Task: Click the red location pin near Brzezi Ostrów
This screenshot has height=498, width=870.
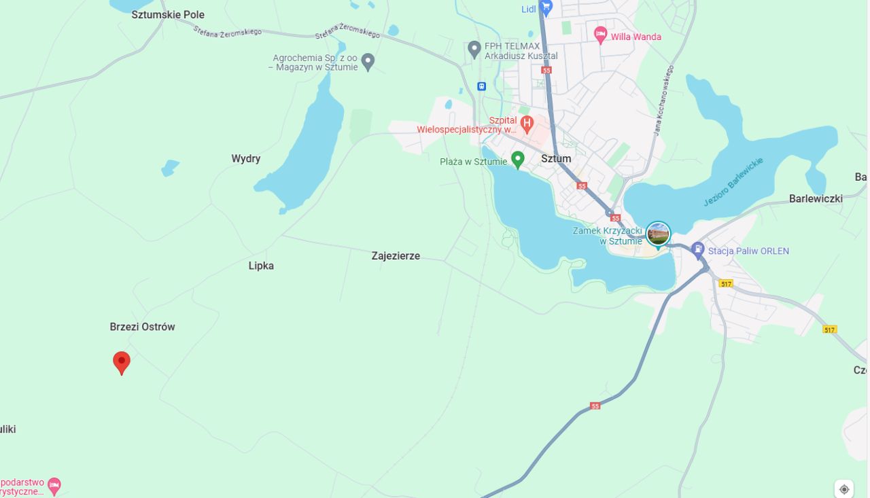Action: click(121, 362)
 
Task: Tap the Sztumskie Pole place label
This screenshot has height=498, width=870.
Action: click(168, 14)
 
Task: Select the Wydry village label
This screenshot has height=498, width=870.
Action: click(245, 159)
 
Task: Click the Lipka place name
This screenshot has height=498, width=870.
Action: click(261, 266)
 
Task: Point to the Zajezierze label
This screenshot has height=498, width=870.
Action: click(396, 256)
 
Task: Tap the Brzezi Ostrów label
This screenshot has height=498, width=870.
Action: click(142, 327)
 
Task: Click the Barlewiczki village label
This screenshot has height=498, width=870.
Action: click(816, 199)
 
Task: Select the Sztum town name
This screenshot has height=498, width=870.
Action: click(556, 158)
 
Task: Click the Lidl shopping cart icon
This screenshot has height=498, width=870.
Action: click(546, 7)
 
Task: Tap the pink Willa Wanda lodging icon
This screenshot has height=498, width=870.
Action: click(600, 35)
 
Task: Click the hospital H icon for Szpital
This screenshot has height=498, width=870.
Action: click(527, 123)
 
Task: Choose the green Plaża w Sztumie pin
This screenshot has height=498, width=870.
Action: click(518, 160)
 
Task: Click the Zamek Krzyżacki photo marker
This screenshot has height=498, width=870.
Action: click(658, 234)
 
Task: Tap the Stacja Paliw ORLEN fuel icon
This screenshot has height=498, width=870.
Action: click(697, 250)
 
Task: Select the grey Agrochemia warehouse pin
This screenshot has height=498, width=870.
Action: click(368, 62)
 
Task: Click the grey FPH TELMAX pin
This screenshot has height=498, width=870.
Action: click(474, 49)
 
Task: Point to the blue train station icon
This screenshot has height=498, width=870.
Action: click(481, 86)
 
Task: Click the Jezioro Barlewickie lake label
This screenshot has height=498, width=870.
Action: click(733, 182)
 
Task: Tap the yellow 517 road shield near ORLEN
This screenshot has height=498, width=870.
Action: click(726, 283)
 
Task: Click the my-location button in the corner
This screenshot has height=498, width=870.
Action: click(844, 488)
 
